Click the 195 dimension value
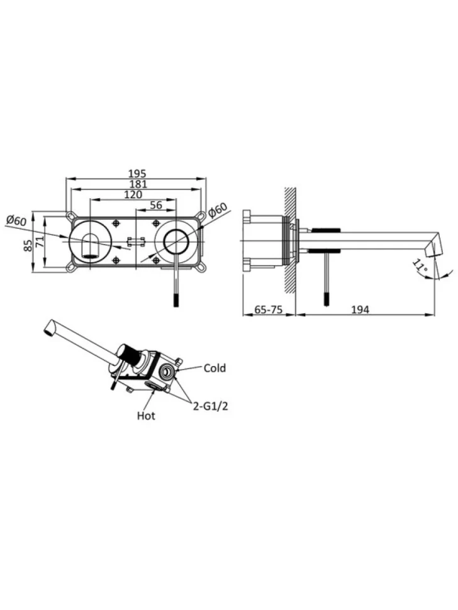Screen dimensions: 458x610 click(137, 173)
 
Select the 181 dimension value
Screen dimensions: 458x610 click(138, 184)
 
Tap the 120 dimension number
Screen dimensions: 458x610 click(133, 194)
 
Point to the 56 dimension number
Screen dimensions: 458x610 click(156, 205)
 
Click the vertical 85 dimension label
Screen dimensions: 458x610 click(28, 245)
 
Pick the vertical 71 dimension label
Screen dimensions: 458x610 click(40, 241)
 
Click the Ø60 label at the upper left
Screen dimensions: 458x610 click(16, 221)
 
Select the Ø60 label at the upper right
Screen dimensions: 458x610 click(217, 210)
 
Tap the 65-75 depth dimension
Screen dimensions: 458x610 click(269, 309)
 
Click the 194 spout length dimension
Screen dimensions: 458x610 click(360, 309)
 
